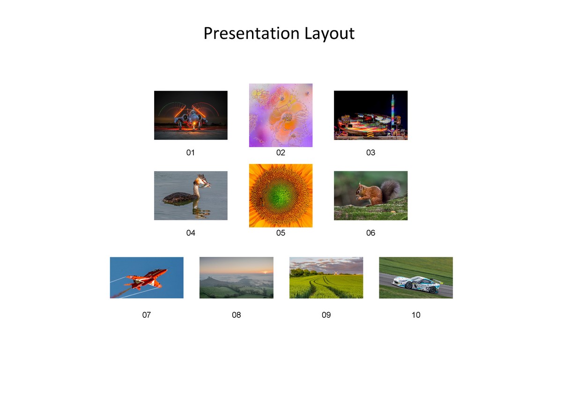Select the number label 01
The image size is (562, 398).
point(190,153)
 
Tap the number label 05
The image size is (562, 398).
point(281,233)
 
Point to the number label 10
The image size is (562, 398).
point(416,315)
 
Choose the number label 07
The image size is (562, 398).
point(147,315)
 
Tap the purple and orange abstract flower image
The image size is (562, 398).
point(281,115)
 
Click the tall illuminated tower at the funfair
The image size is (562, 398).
point(392,115)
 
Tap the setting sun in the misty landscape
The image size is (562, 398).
point(265,272)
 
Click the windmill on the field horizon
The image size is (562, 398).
point(335,273)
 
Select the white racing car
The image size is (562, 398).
point(416,284)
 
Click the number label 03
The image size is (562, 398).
point(370,153)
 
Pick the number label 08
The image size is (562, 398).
point(237,315)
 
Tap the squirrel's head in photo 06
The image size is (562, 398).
point(361,190)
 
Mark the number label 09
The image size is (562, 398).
point(326,315)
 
